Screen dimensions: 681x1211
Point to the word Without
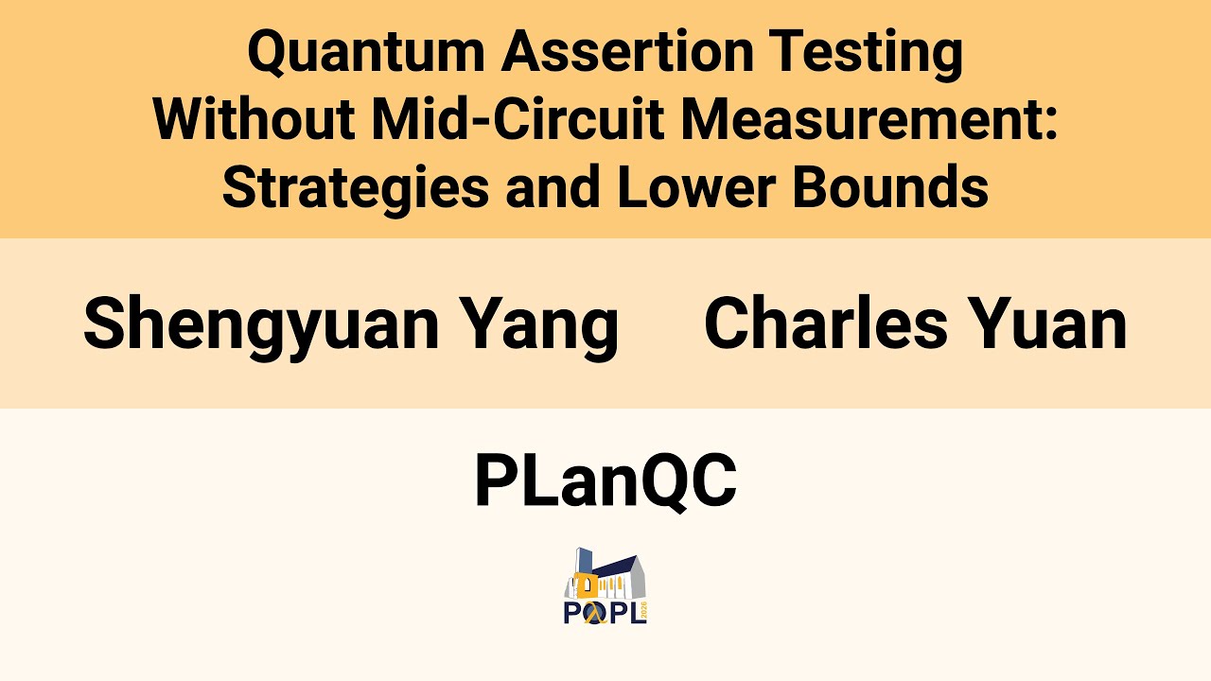254,120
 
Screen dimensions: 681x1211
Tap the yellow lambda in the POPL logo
595,614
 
